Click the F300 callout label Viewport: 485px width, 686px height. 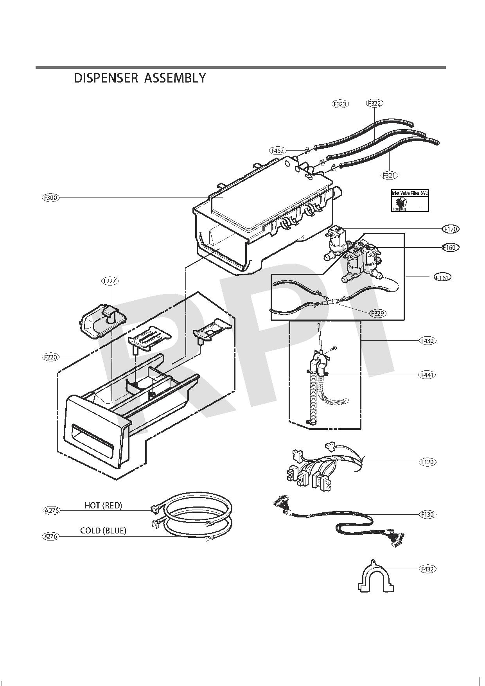coord(51,198)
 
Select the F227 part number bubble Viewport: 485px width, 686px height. coord(110,281)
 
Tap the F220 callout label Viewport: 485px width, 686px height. coord(51,357)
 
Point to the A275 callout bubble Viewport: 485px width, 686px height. coord(51,510)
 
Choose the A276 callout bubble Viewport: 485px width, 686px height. coord(51,536)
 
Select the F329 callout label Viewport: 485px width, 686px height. coord(378,313)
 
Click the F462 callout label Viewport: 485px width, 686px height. coord(278,151)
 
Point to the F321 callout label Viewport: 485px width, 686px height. coord(389,175)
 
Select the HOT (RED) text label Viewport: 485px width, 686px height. coord(103,505)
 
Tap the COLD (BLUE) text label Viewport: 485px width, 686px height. coord(103,531)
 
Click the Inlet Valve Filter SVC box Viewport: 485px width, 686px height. coord(410,201)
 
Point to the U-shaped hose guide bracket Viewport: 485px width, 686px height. coord(375,576)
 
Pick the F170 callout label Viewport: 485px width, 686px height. coord(451,229)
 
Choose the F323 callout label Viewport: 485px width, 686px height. coord(340,104)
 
